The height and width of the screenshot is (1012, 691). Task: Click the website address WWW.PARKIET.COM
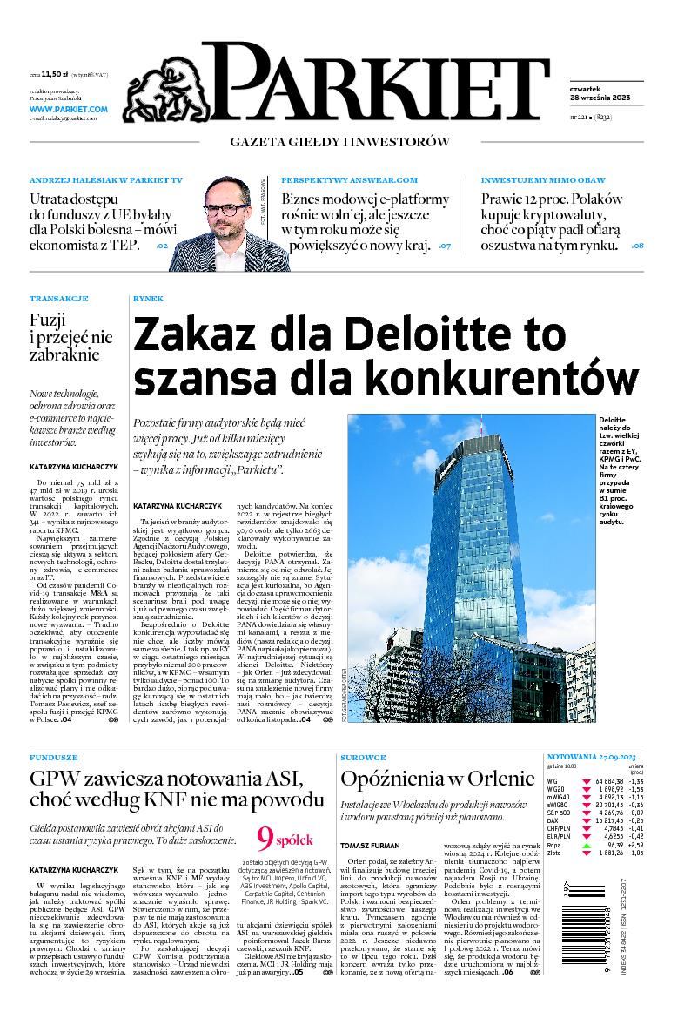[x=68, y=109]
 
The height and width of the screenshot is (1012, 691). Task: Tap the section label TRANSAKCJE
[x=58, y=298]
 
